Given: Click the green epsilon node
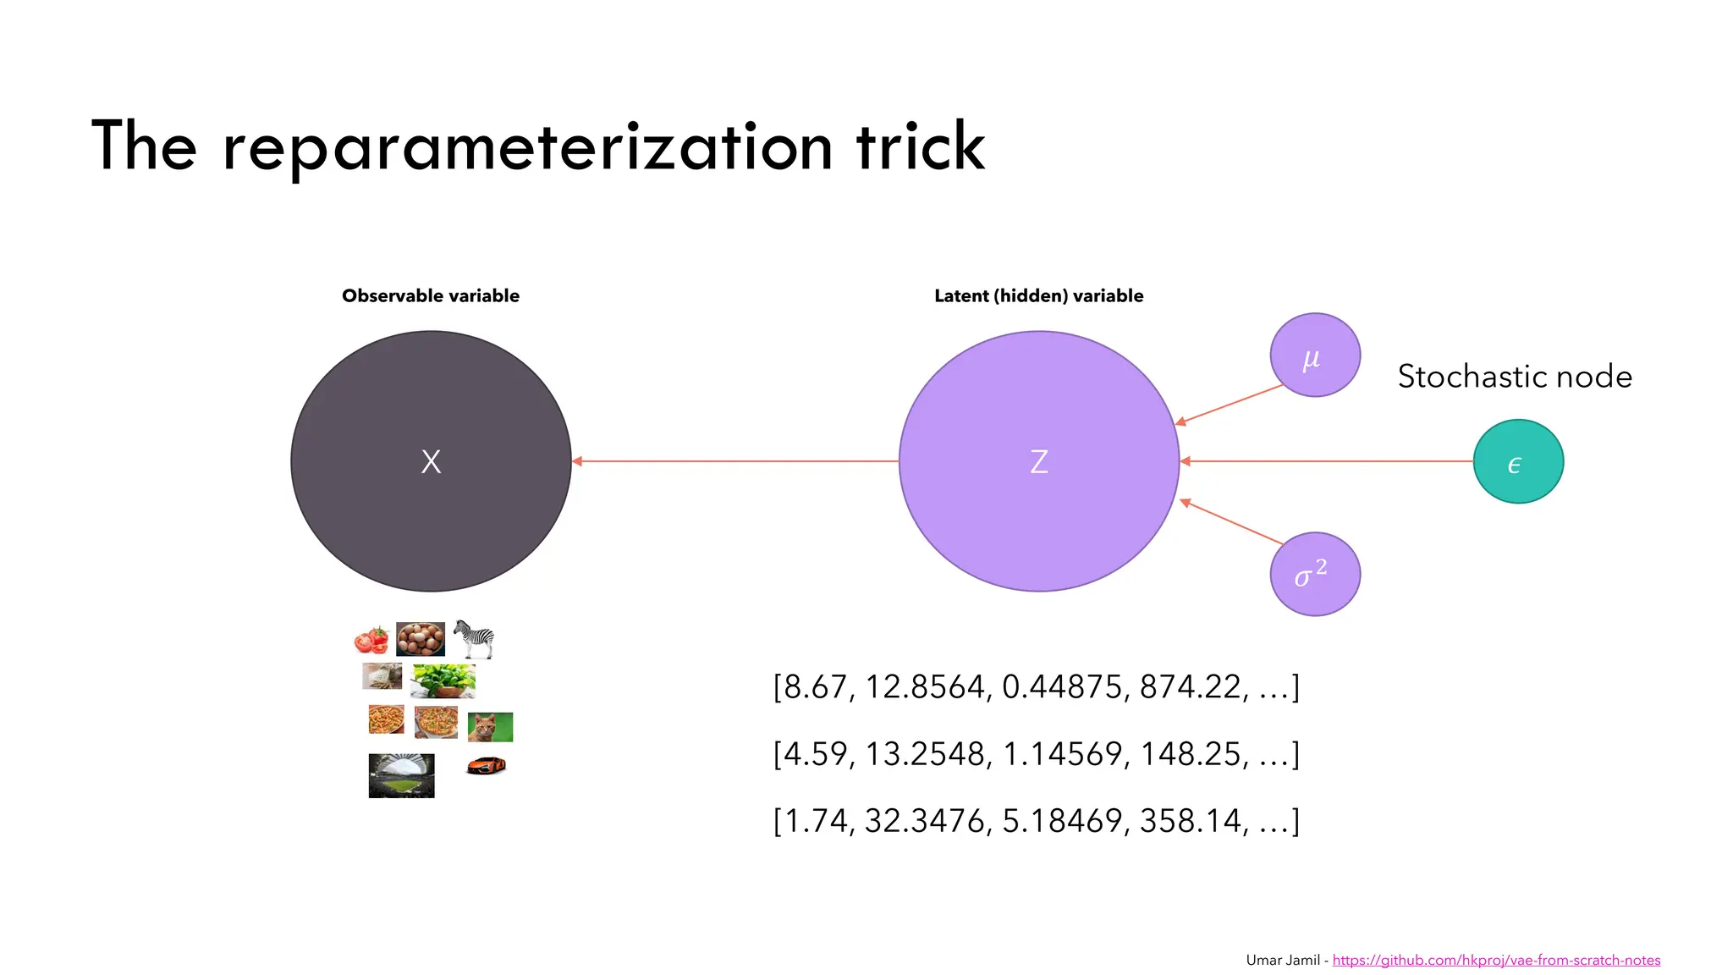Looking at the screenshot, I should coord(1518,461).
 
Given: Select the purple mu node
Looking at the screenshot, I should coord(1315,355).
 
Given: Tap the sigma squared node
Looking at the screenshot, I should coord(1315,574).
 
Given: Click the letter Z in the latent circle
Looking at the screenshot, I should coord(1039,462).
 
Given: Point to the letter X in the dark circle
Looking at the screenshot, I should coord(431,462).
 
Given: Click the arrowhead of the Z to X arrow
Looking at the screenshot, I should coord(578,461).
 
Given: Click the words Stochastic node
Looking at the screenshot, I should coord(1515,377).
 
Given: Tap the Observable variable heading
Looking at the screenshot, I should coord(431,296).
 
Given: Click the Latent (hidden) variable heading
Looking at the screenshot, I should coord(1038,296).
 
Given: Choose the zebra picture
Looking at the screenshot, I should coord(474,639).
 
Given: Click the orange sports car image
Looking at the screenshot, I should coord(487,765).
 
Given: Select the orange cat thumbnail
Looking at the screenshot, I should coord(490,727).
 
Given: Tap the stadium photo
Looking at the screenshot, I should coord(401,775).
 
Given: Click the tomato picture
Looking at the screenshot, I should coord(371,641).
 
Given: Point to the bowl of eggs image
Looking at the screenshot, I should coord(421,639).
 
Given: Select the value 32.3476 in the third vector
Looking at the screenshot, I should coord(925,821).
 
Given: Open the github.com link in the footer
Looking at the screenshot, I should coord(1496,960).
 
